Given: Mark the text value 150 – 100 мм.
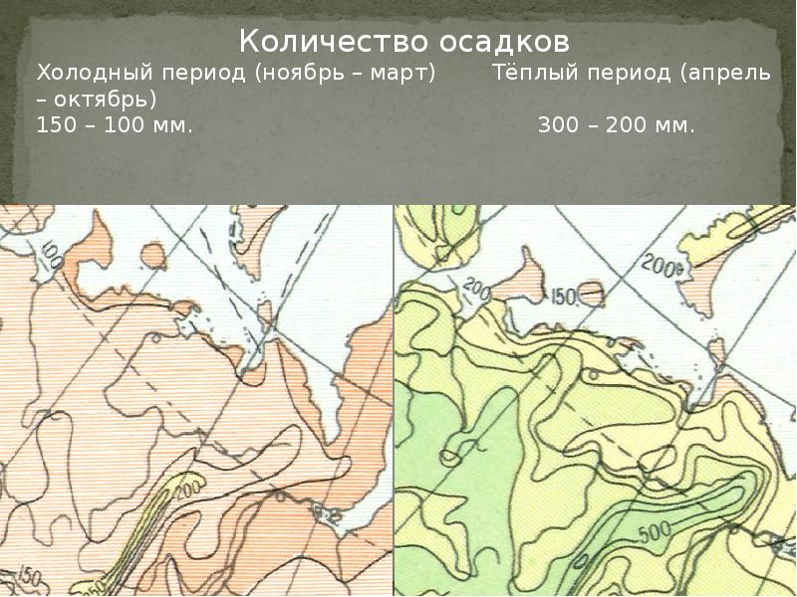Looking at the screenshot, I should click(114, 126).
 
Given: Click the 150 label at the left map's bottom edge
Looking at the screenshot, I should click(30, 576).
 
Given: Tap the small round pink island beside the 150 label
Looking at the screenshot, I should click(592, 293).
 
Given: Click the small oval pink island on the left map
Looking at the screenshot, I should click(154, 256).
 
